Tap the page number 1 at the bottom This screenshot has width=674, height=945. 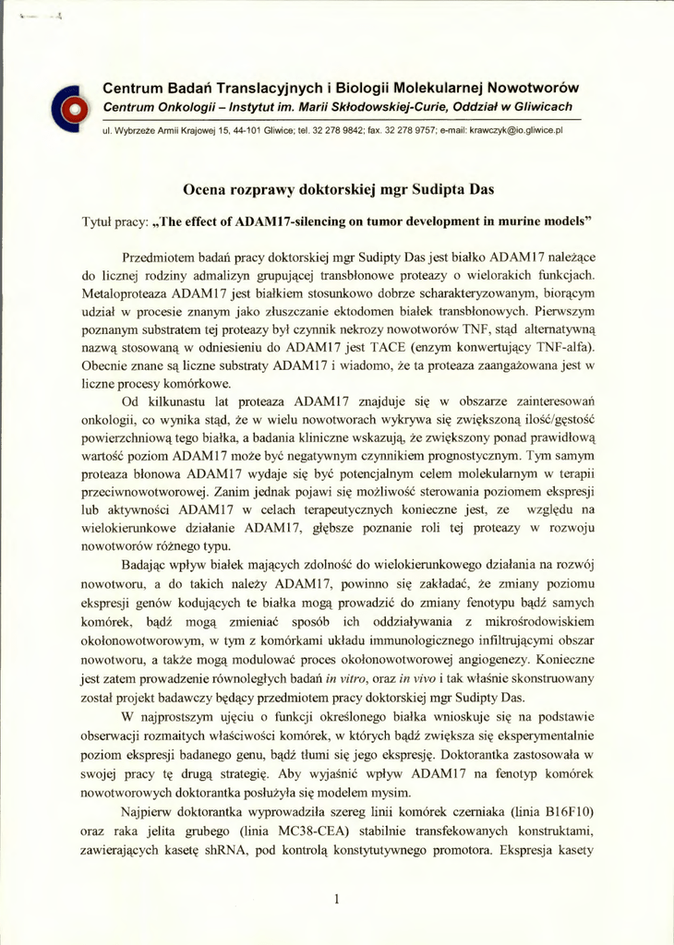point(338,898)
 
